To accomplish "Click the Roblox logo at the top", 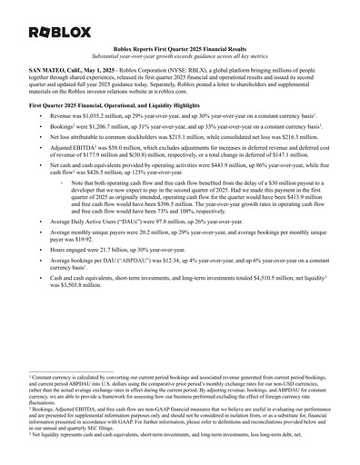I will tap(60, 32).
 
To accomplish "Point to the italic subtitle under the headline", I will tap(180, 63).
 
